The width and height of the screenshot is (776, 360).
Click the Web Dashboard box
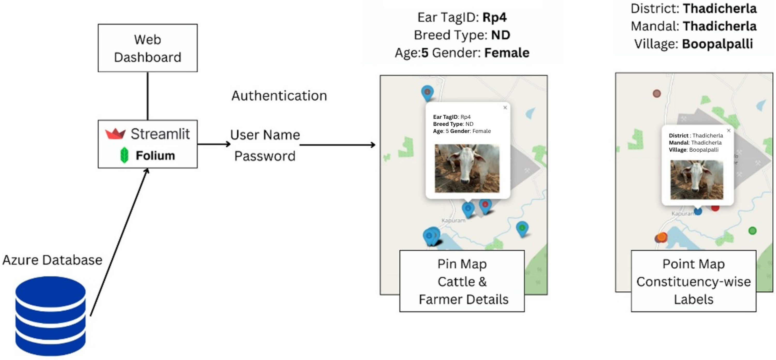148,48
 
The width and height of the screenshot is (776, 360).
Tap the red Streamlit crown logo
115,134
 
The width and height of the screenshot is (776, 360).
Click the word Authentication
279,96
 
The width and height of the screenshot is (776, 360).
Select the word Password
265,156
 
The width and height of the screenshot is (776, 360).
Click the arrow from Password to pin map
337,145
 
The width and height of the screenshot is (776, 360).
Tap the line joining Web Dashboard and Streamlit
148,96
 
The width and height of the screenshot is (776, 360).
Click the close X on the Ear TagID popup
505,108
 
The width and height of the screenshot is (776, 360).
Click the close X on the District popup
729,130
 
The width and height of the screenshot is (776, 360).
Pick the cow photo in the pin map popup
467,168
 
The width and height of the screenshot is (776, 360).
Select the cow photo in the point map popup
697,180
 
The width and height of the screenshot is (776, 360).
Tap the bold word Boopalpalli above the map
717,44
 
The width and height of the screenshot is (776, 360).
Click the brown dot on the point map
657,93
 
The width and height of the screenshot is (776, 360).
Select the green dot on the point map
752,231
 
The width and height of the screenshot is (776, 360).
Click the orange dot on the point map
662,237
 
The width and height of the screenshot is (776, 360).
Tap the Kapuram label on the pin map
453,221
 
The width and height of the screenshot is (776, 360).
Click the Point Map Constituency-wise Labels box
693,281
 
